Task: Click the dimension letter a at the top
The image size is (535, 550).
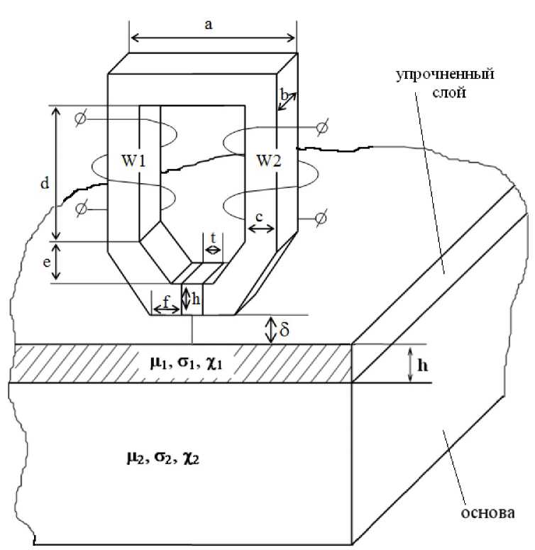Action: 209,24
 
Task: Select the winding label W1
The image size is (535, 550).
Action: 133,161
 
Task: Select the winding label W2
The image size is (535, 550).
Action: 268,161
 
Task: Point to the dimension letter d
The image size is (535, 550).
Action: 44,184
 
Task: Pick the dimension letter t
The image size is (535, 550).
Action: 213,236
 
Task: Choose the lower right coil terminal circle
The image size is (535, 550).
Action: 320,217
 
